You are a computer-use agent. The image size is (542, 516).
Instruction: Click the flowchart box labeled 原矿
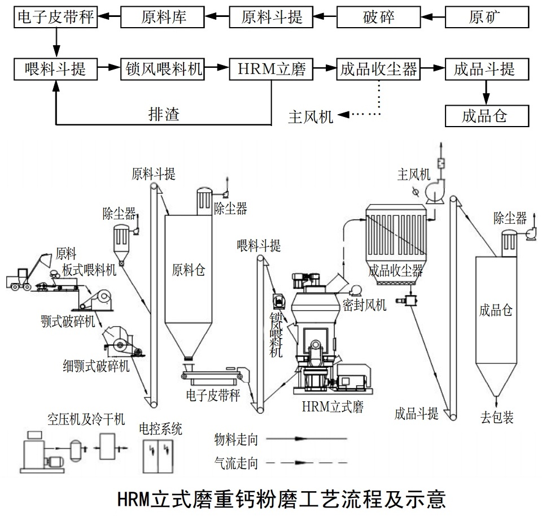pyautogui.click(x=487, y=17)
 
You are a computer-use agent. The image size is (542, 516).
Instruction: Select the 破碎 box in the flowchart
pyautogui.click(x=379, y=17)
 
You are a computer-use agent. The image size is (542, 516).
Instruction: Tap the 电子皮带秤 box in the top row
pyautogui.click(x=55, y=17)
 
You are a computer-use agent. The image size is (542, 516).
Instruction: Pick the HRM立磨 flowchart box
pyautogui.click(x=271, y=69)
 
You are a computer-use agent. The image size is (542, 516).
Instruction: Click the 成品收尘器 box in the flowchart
pyautogui.click(x=379, y=69)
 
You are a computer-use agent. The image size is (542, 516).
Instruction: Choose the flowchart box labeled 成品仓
pyautogui.click(x=487, y=116)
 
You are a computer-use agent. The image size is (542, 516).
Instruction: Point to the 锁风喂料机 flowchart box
pyautogui.click(x=163, y=69)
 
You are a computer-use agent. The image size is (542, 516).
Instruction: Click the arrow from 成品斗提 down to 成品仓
pyautogui.click(x=486, y=90)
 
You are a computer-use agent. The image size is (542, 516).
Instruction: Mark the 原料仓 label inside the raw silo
pyautogui.click(x=188, y=270)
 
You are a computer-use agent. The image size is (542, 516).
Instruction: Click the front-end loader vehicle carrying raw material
pyautogui.click(x=23, y=277)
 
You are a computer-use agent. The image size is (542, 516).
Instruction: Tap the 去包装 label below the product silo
pyautogui.click(x=497, y=418)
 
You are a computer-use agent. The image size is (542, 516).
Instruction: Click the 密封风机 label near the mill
pyautogui.click(x=364, y=305)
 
